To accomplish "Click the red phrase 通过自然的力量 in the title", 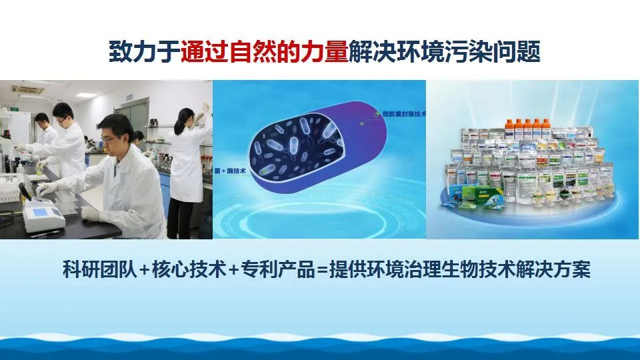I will [265, 51].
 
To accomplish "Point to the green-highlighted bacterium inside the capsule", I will [267, 170].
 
